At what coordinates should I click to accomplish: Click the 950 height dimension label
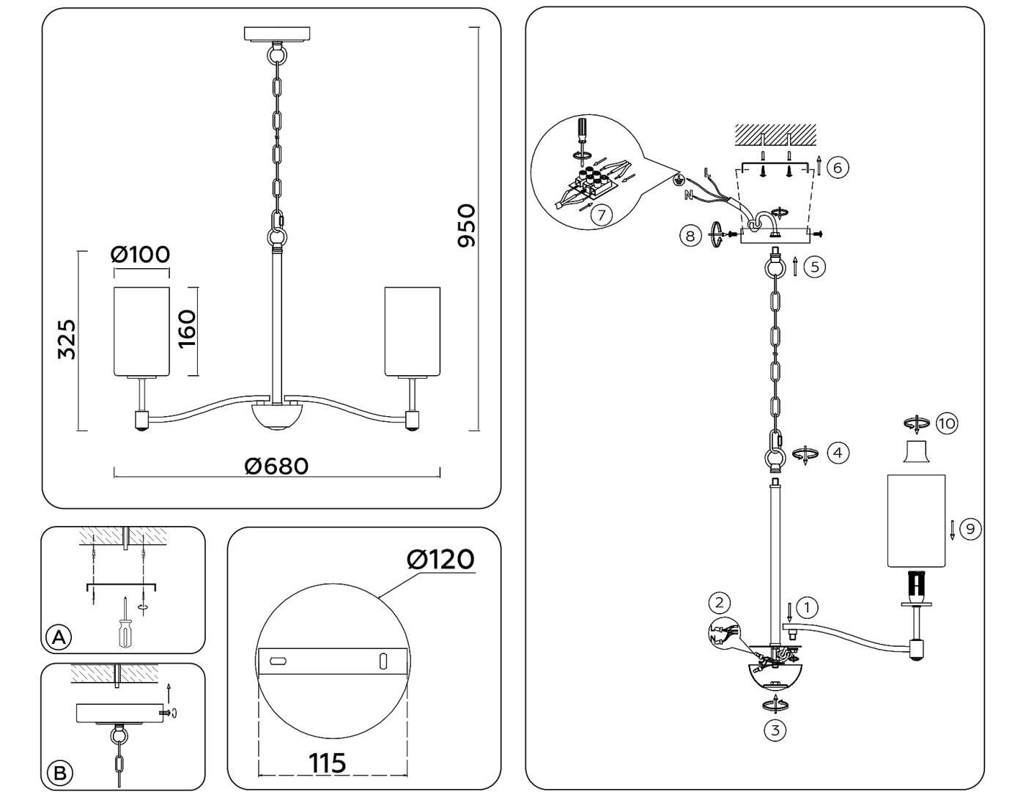point(466,226)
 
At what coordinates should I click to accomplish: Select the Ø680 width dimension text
point(276,466)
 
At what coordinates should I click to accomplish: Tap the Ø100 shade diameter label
point(140,254)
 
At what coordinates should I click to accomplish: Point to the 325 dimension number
point(67,339)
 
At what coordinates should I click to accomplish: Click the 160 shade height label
point(187,330)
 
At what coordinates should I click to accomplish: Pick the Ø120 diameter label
point(440,560)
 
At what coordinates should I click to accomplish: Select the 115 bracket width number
point(328,763)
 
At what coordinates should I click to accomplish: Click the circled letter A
point(59,637)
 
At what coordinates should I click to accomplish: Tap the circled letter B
point(59,773)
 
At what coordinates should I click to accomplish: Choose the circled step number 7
point(601,215)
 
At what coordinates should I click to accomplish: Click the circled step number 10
point(947,423)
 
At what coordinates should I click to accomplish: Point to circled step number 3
point(775,730)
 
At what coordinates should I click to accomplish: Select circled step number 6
point(838,167)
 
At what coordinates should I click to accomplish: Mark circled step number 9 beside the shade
point(970,529)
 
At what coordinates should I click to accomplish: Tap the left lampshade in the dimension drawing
point(141,331)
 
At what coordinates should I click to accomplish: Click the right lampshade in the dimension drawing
point(413,331)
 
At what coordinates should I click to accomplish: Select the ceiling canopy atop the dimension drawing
point(277,34)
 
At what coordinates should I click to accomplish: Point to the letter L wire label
point(706,174)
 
